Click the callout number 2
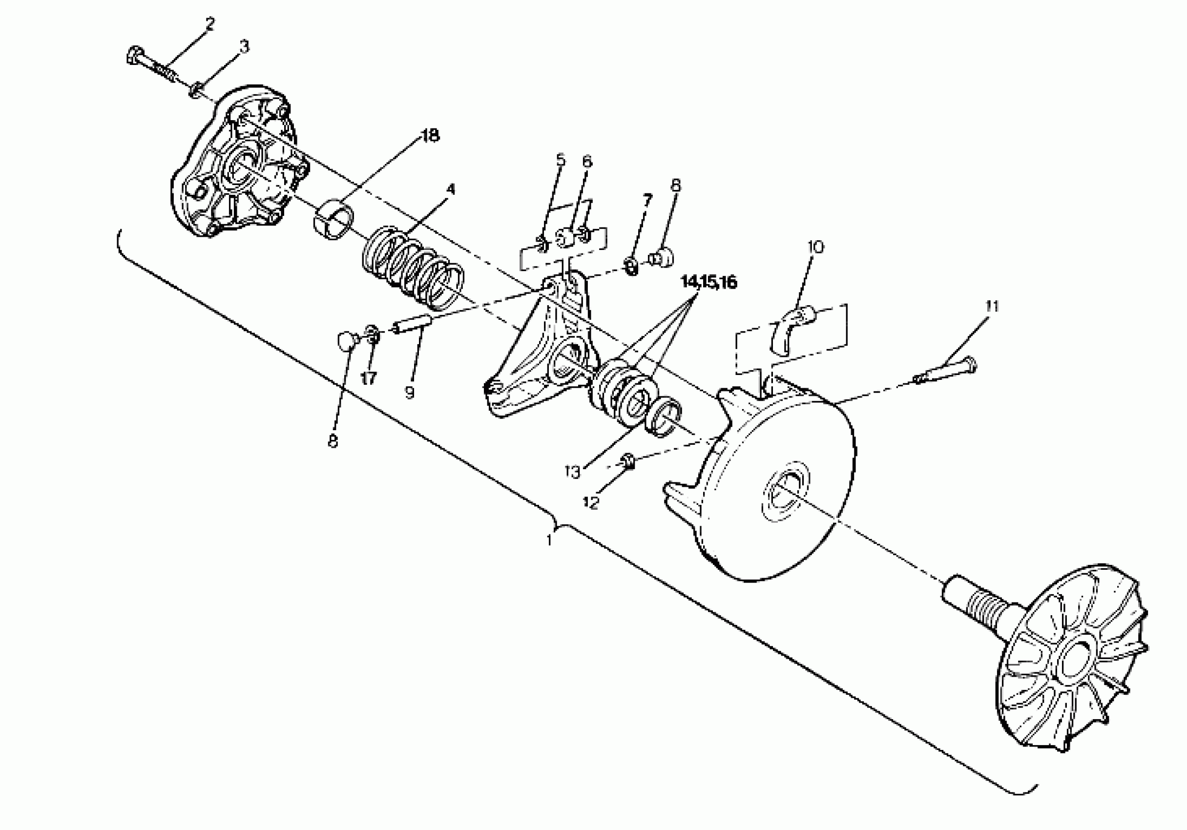pyautogui.click(x=209, y=24)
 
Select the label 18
pyautogui.click(x=430, y=136)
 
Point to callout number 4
pyautogui.click(x=450, y=189)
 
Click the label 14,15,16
pyautogui.click(x=709, y=282)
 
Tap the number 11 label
pyautogui.click(x=992, y=306)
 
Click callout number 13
pyautogui.click(x=573, y=472)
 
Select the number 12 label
pyautogui.click(x=590, y=502)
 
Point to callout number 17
pyautogui.click(x=368, y=379)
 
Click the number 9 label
pyautogui.click(x=410, y=394)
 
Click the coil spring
pyautogui.click(x=412, y=269)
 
